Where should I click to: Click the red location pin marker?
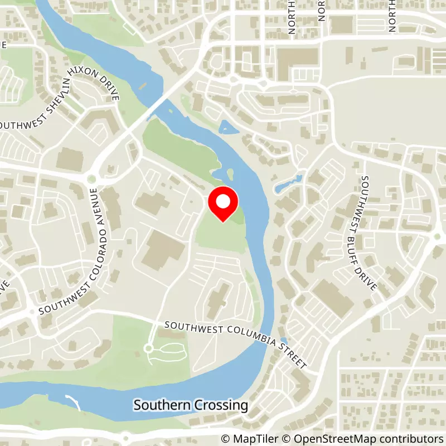(223, 203)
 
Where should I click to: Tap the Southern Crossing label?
(191, 405)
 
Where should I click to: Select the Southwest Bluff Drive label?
(369, 233)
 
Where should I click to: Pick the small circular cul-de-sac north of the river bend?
(148, 348)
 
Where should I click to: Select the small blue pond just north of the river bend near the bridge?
(229, 127)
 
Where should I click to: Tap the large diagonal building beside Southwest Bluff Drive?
(332, 298)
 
